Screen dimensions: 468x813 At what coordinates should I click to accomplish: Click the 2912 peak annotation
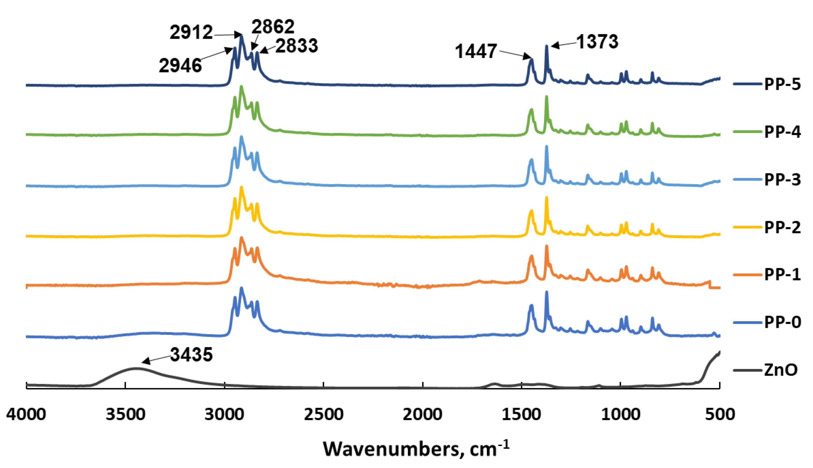pos(191,32)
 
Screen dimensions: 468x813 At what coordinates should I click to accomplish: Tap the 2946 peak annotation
pos(180,66)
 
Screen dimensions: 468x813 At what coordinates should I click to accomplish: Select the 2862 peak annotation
pos(273,27)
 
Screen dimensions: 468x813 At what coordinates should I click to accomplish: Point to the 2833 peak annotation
pos(296,46)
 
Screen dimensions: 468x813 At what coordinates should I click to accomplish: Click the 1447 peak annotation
pos(476,51)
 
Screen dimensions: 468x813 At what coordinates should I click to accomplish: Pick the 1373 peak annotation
pos(597,42)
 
